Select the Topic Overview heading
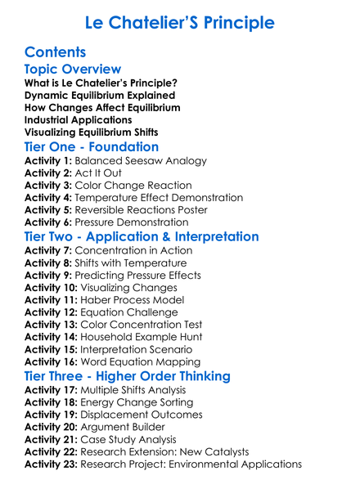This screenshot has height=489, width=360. (x=73, y=70)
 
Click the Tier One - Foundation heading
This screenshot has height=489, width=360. (x=92, y=147)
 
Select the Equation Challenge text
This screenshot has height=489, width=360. (x=134, y=313)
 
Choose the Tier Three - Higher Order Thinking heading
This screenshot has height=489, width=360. (x=127, y=377)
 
